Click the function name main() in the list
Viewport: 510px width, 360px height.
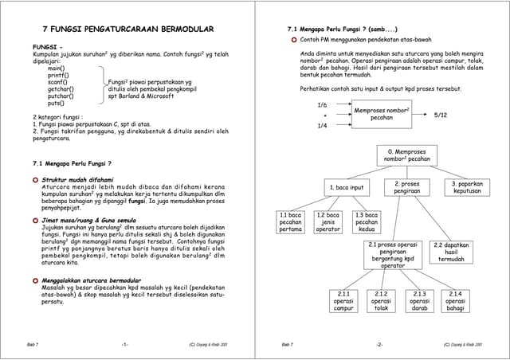tap(56, 68)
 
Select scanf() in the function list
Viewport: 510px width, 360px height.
tap(57, 82)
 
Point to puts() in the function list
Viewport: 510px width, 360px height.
tap(56, 104)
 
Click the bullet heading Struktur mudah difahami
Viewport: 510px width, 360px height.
tap(77, 180)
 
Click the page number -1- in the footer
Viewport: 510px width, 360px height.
tap(125, 344)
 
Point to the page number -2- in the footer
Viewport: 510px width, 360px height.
tap(380, 344)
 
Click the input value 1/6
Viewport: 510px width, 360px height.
tap(322, 105)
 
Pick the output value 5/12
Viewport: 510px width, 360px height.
tap(441, 115)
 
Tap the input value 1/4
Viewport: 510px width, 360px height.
tap(322, 126)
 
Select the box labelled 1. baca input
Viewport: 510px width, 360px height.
tap(347, 188)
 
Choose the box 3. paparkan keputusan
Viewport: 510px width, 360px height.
tap(467, 187)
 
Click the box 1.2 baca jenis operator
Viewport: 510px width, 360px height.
tap(328, 222)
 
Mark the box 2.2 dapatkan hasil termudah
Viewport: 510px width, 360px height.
tap(451, 252)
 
